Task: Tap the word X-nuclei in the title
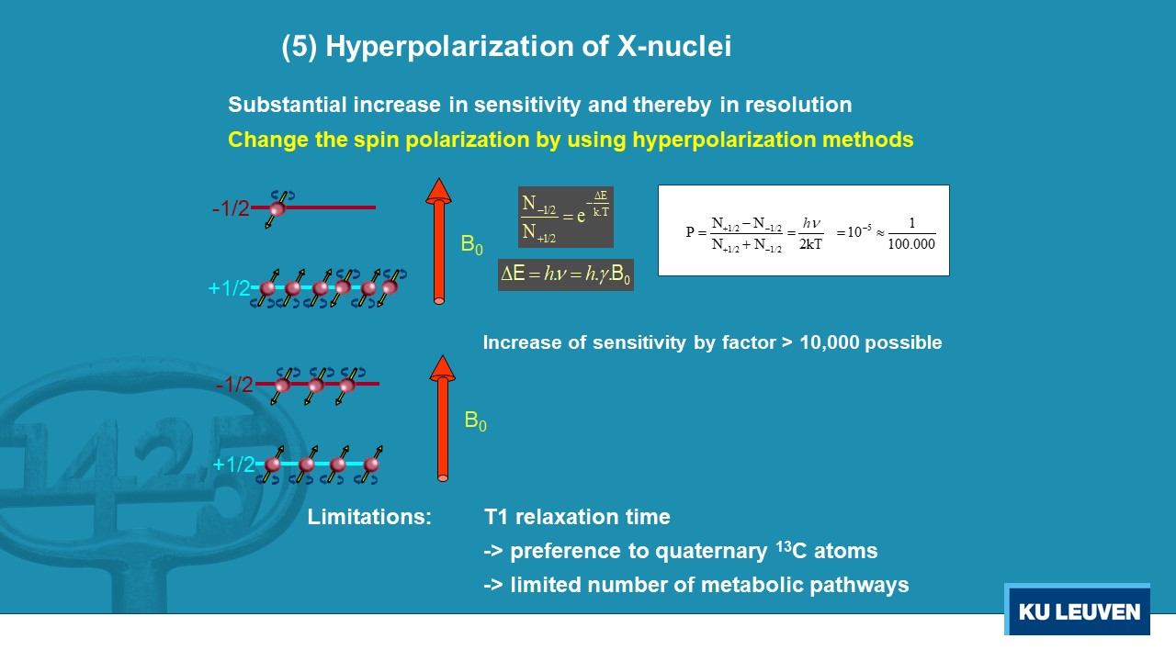point(674,46)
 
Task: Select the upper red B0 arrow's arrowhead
point(438,191)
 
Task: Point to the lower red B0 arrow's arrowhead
point(442,368)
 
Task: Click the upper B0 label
point(471,245)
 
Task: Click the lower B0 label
point(475,421)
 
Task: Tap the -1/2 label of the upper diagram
point(231,208)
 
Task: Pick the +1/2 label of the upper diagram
point(230,288)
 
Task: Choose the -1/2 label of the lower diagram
point(234,385)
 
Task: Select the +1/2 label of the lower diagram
point(233,465)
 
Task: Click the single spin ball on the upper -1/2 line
point(277,208)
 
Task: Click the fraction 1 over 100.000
point(911,233)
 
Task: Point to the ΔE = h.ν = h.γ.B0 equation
point(565,274)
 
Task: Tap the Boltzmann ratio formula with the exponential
point(565,217)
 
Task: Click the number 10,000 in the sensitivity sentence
point(830,342)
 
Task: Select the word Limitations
point(369,517)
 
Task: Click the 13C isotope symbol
point(791,550)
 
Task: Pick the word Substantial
point(288,105)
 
